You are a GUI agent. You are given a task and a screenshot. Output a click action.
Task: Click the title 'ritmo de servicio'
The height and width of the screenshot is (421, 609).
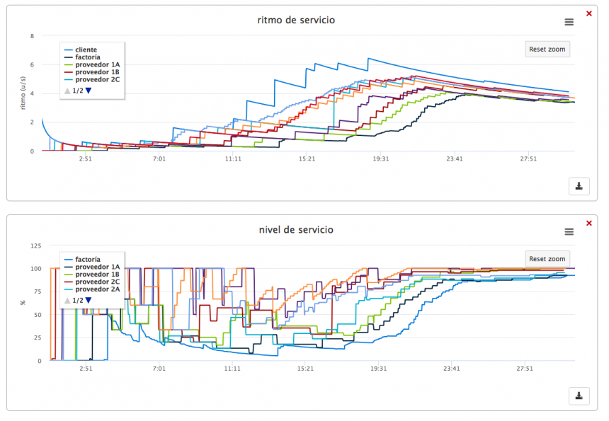tap(296, 20)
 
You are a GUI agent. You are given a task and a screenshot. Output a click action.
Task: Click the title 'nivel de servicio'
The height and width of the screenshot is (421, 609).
tap(296, 229)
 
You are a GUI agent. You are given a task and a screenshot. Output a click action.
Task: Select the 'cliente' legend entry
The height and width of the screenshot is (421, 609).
tap(86, 50)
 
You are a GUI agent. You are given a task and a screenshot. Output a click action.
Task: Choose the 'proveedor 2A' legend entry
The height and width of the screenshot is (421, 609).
tap(97, 289)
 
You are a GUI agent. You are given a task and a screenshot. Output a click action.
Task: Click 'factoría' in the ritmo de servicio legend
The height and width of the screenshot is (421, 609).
tap(87, 57)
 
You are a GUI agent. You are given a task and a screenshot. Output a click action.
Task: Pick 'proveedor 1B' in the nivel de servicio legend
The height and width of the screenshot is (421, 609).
tap(97, 274)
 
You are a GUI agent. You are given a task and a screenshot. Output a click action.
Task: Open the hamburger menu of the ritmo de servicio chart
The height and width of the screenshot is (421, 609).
tap(569, 22)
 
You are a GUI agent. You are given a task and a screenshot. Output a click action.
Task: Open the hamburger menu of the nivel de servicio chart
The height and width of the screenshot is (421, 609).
tap(569, 231)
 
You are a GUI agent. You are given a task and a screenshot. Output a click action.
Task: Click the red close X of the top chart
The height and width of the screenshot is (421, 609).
tap(589, 13)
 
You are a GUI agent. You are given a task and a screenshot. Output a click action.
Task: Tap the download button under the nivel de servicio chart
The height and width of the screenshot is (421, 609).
tap(579, 396)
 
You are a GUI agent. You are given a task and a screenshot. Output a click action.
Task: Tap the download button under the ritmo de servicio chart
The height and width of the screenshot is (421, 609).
tap(579, 186)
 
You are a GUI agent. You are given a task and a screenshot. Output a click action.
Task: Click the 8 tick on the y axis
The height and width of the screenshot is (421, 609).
tap(32, 36)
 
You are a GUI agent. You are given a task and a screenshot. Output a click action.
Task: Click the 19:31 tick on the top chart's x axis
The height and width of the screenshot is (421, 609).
tap(380, 159)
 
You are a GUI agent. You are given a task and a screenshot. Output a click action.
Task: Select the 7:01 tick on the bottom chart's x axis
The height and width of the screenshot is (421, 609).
tap(159, 369)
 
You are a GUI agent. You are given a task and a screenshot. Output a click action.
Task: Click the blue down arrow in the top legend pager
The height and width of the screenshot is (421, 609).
tap(89, 91)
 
